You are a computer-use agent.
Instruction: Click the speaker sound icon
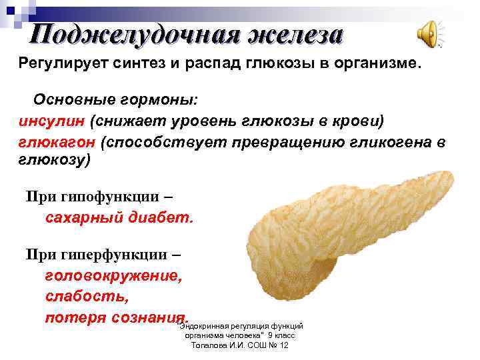pos(428,33)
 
